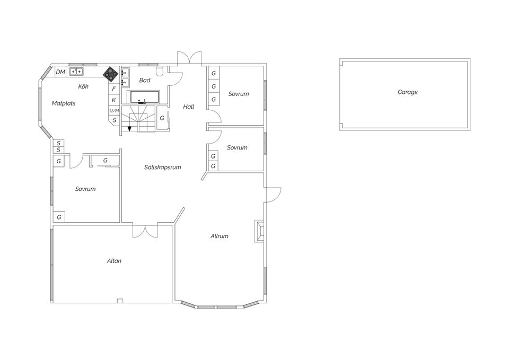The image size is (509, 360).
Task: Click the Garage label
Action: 407,92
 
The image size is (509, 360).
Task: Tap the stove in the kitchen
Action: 111,74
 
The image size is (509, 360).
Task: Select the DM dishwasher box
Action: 60,72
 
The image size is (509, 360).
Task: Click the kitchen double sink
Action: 76,72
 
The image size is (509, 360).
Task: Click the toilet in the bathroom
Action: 160,71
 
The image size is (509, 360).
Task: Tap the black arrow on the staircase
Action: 129,128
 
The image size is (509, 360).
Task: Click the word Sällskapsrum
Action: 163,167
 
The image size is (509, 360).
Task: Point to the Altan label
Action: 115,261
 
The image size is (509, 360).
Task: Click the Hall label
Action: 189,107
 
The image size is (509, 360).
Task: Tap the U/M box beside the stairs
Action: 115,111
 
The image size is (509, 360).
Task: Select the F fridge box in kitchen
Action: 114,89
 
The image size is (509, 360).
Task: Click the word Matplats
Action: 64,103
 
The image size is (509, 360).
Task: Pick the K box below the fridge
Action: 114,100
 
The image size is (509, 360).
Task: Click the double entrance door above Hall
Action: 189,57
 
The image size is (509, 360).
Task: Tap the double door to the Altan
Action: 145,231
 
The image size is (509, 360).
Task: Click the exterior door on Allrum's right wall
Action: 274,195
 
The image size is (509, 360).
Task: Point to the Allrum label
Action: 220,236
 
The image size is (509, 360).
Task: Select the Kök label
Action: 83,86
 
